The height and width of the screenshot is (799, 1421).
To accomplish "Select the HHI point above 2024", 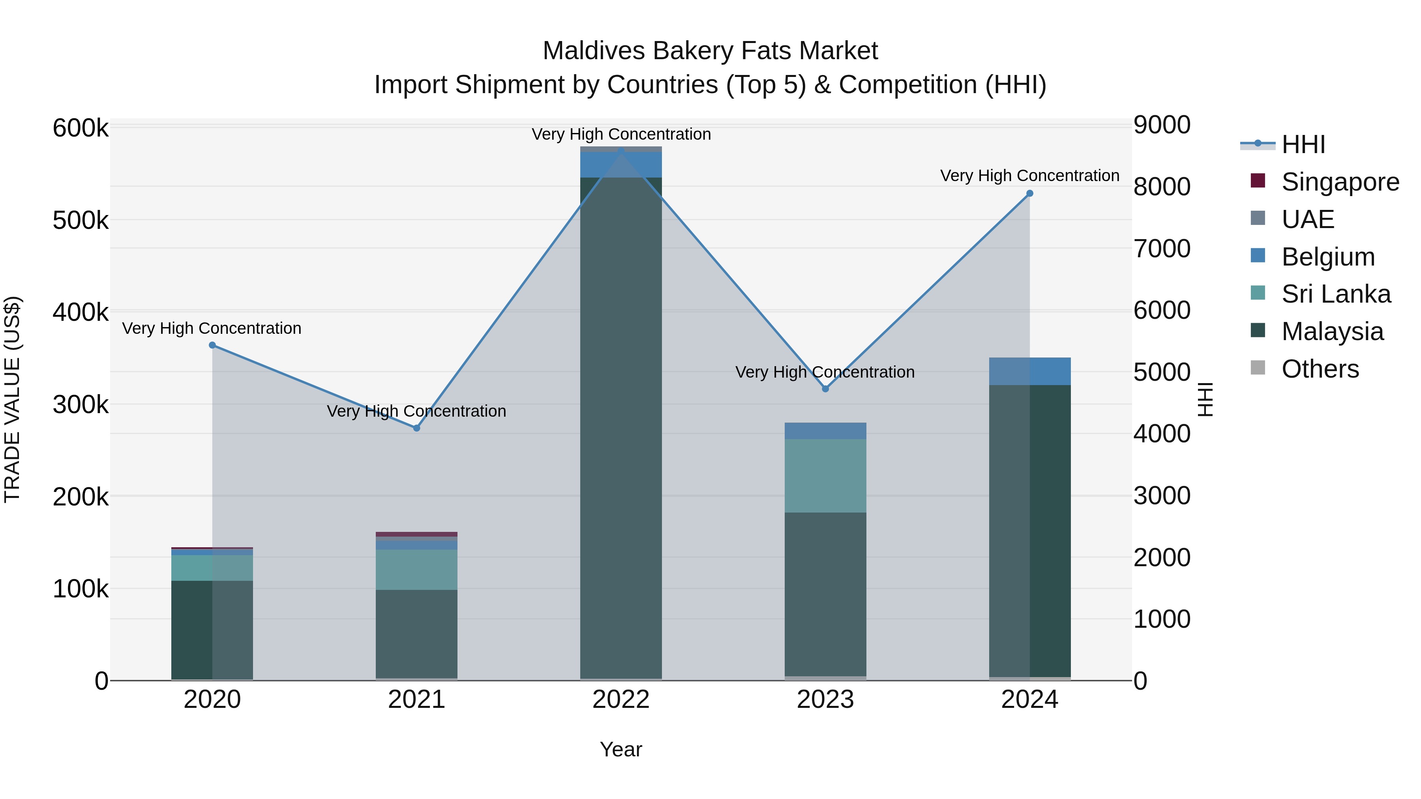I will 1029,194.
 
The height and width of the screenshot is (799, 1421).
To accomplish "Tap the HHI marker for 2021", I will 416,428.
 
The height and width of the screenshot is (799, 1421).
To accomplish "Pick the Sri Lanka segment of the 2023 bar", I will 825,475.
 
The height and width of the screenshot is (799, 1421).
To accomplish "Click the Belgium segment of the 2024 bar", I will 1029,371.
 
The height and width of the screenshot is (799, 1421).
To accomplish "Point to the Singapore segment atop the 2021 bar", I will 416,534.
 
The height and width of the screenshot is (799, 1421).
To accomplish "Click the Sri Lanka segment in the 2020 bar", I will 212,567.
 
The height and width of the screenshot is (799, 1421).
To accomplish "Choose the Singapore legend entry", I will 1340,182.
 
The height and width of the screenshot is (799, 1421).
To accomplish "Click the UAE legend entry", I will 1307,219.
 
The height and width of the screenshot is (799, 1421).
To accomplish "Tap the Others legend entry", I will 1320,369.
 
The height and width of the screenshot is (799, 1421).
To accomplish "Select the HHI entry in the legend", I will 1303,144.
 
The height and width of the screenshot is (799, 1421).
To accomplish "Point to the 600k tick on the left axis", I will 81,129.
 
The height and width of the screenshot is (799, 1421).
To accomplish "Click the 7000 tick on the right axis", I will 1161,249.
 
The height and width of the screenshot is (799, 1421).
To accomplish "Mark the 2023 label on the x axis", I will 825,700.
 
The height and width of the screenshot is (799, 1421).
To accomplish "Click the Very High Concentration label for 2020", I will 212,329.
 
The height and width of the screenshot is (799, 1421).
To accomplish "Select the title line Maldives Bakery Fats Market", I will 710,51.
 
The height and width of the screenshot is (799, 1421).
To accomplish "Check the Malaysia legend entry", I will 1332,331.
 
